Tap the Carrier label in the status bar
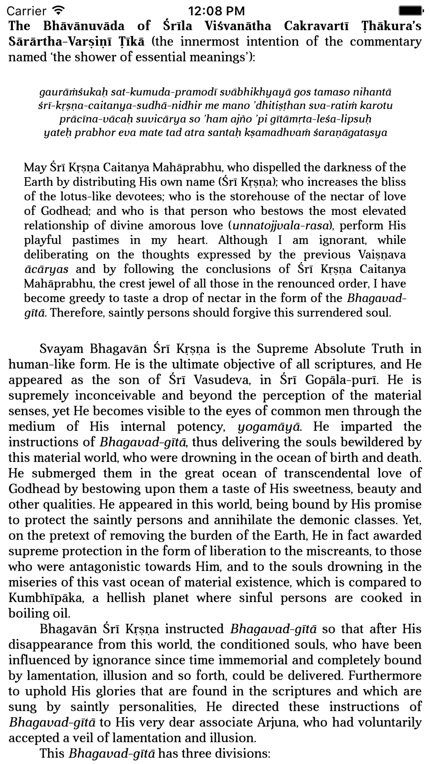(x=27, y=10)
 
